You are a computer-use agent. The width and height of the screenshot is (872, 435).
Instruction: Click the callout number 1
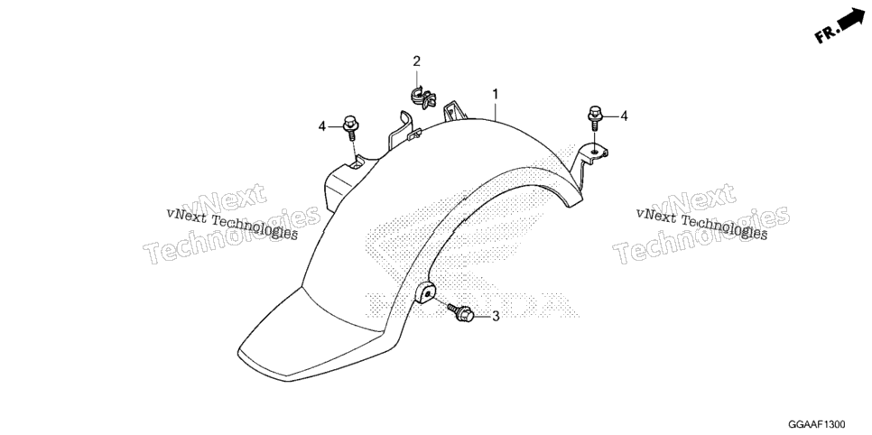pyautogui.click(x=495, y=95)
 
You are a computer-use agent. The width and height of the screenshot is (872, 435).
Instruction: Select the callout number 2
pyautogui.click(x=416, y=61)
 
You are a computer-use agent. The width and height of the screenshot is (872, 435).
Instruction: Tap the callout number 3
pyautogui.click(x=495, y=317)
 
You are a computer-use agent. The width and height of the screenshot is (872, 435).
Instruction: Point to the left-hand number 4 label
pyautogui.click(x=322, y=127)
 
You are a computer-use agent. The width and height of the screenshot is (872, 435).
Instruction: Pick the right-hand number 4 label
pyautogui.click(x=624, y=116)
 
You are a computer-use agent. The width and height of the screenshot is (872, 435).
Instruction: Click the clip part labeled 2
pyautogui.click(x=422, y=97)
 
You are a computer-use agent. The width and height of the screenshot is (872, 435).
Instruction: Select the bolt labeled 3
pyautogui.click(x=461, y=312)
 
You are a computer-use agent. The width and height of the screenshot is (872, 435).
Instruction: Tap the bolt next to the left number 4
pyautogui.click(x=350, y=127)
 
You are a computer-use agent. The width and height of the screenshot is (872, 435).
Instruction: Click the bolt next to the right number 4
pyautogui.click(x=595, y=117)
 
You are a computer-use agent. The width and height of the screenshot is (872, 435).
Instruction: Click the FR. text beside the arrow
pyautogui.click(x=826, y=34)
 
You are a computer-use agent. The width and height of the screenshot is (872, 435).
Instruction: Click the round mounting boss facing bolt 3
pyautogui.click(x=425, y=292)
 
